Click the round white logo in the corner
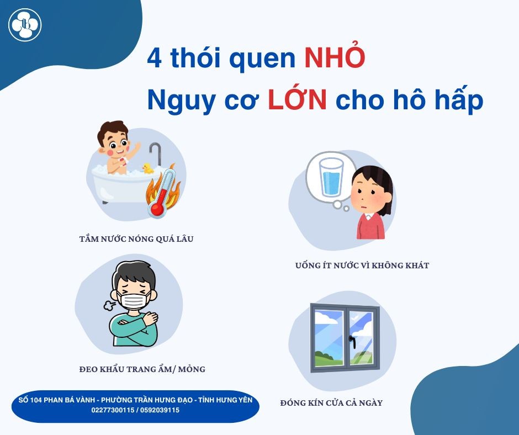(25, 24)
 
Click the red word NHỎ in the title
(334, 59)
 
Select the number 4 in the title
(155, 59)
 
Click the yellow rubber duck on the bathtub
(147, 168)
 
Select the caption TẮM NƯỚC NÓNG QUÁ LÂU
(136, 240)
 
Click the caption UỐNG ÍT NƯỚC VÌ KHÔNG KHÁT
(362, 266)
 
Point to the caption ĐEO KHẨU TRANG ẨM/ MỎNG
(142, 369)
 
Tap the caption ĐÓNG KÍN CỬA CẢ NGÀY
(331, 402)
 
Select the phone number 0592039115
(158, 410)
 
